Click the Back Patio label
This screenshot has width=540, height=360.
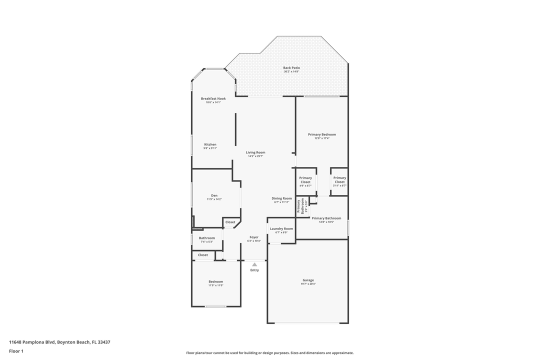coord(291,68)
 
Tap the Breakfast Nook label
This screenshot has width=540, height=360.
coord(213,98)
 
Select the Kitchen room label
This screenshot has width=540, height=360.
coord(210,144)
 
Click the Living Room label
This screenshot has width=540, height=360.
coord(255,152)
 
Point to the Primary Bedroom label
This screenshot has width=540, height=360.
coord(322,134)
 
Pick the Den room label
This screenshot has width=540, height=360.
coord(214,195)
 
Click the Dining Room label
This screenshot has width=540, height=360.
coord(282,198)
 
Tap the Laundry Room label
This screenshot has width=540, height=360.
coord(281,228)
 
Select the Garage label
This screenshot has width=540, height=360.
coord(308,280)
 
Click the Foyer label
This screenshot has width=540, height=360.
coord(254,237)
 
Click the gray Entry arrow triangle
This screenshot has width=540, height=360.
coord(254,264)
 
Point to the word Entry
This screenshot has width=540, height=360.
coord(254,270)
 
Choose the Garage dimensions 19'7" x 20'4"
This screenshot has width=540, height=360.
coord(308,284)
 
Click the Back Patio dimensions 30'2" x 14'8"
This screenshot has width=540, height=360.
coord(291,71)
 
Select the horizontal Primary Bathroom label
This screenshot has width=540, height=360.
coord(326,218)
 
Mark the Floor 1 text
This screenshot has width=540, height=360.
coord(16,351)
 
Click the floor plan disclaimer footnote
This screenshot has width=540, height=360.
coord(269,352)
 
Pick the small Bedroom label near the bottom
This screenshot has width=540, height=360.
coord(215,281)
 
